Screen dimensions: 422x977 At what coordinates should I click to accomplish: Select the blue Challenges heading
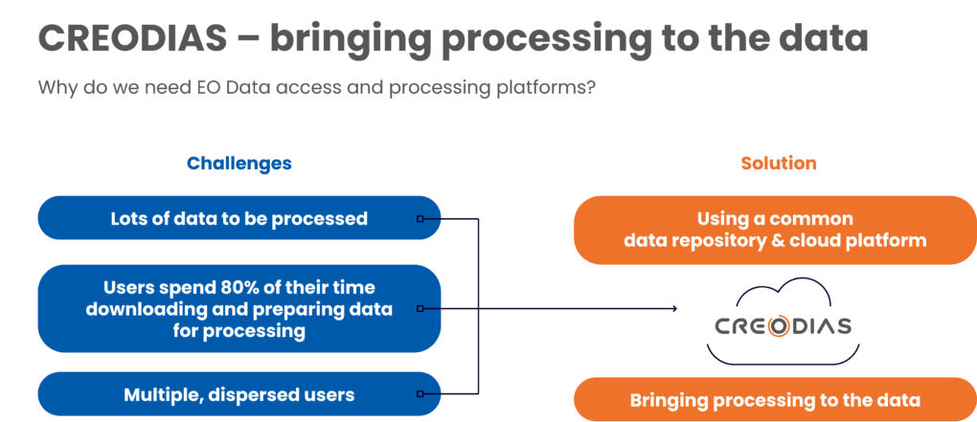pyautogui.click(x=239, y=164)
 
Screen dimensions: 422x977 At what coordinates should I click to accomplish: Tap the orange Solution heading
pyautogui.click(x=779, y=164)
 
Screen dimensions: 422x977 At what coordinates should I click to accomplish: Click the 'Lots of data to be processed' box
pyautogui.click(x=239, y=218)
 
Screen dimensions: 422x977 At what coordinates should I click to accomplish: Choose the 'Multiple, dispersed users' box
pyautogui.click(x=239, y=394)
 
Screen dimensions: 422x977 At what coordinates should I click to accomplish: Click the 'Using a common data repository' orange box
pyautogui.click(x=774, y=230)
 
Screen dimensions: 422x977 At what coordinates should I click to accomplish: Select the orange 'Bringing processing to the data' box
pyautogui.click(x=774, y=400)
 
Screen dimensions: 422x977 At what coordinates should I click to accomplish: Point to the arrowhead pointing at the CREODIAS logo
pyautogui.click(x=675, y=309)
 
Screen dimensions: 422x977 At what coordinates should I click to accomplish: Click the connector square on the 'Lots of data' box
pyautogui.click(x=420, y=219)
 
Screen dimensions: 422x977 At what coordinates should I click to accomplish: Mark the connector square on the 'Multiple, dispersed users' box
pyautogui.click(x=420, y=394)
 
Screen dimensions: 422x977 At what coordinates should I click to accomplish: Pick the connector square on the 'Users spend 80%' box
pyautogui.click(x=420, y=309)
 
